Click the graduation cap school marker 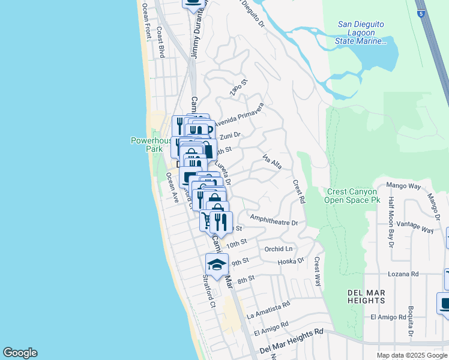click(217, 263)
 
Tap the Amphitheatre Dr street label click(274, 222)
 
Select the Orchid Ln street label click(279, 248)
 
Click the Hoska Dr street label click(292, 262)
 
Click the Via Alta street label click(273, 161)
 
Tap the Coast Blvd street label click(160, 42)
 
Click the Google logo click(20, 353)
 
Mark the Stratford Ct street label click(208, 292)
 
